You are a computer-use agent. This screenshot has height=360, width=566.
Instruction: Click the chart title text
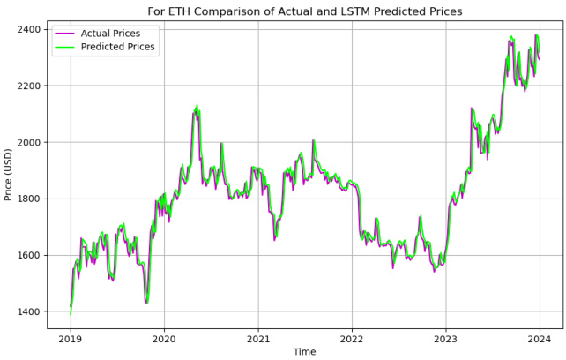(304, 11)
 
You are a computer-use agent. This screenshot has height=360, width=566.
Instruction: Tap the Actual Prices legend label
(117, 33)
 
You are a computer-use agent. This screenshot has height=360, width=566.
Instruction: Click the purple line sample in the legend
(65, 33)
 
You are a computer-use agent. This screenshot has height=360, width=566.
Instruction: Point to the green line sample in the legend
(65, 47)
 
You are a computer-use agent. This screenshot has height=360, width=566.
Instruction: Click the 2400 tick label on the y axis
(26, 29)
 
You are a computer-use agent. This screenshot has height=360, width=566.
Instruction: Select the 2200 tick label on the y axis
(26, 86)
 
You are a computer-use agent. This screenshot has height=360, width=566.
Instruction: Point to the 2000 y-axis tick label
(26, 142)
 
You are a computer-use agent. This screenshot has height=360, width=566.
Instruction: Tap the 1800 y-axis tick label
(26, 199)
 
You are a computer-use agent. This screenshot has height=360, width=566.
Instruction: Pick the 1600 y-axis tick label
(26, 255)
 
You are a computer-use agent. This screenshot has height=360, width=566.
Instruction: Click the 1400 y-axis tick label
(26, 311)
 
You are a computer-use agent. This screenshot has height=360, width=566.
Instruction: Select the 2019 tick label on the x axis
(71, 338)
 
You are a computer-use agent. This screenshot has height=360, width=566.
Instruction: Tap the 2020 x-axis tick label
(164, 338)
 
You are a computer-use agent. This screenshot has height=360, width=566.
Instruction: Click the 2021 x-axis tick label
(258, 338)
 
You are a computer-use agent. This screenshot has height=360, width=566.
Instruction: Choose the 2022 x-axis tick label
(352, 338)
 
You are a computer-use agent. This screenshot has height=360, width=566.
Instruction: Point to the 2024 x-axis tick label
(540, 338)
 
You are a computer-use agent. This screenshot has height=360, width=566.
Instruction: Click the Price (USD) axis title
(9, 175)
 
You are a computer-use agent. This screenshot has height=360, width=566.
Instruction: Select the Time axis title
(305, 351)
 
